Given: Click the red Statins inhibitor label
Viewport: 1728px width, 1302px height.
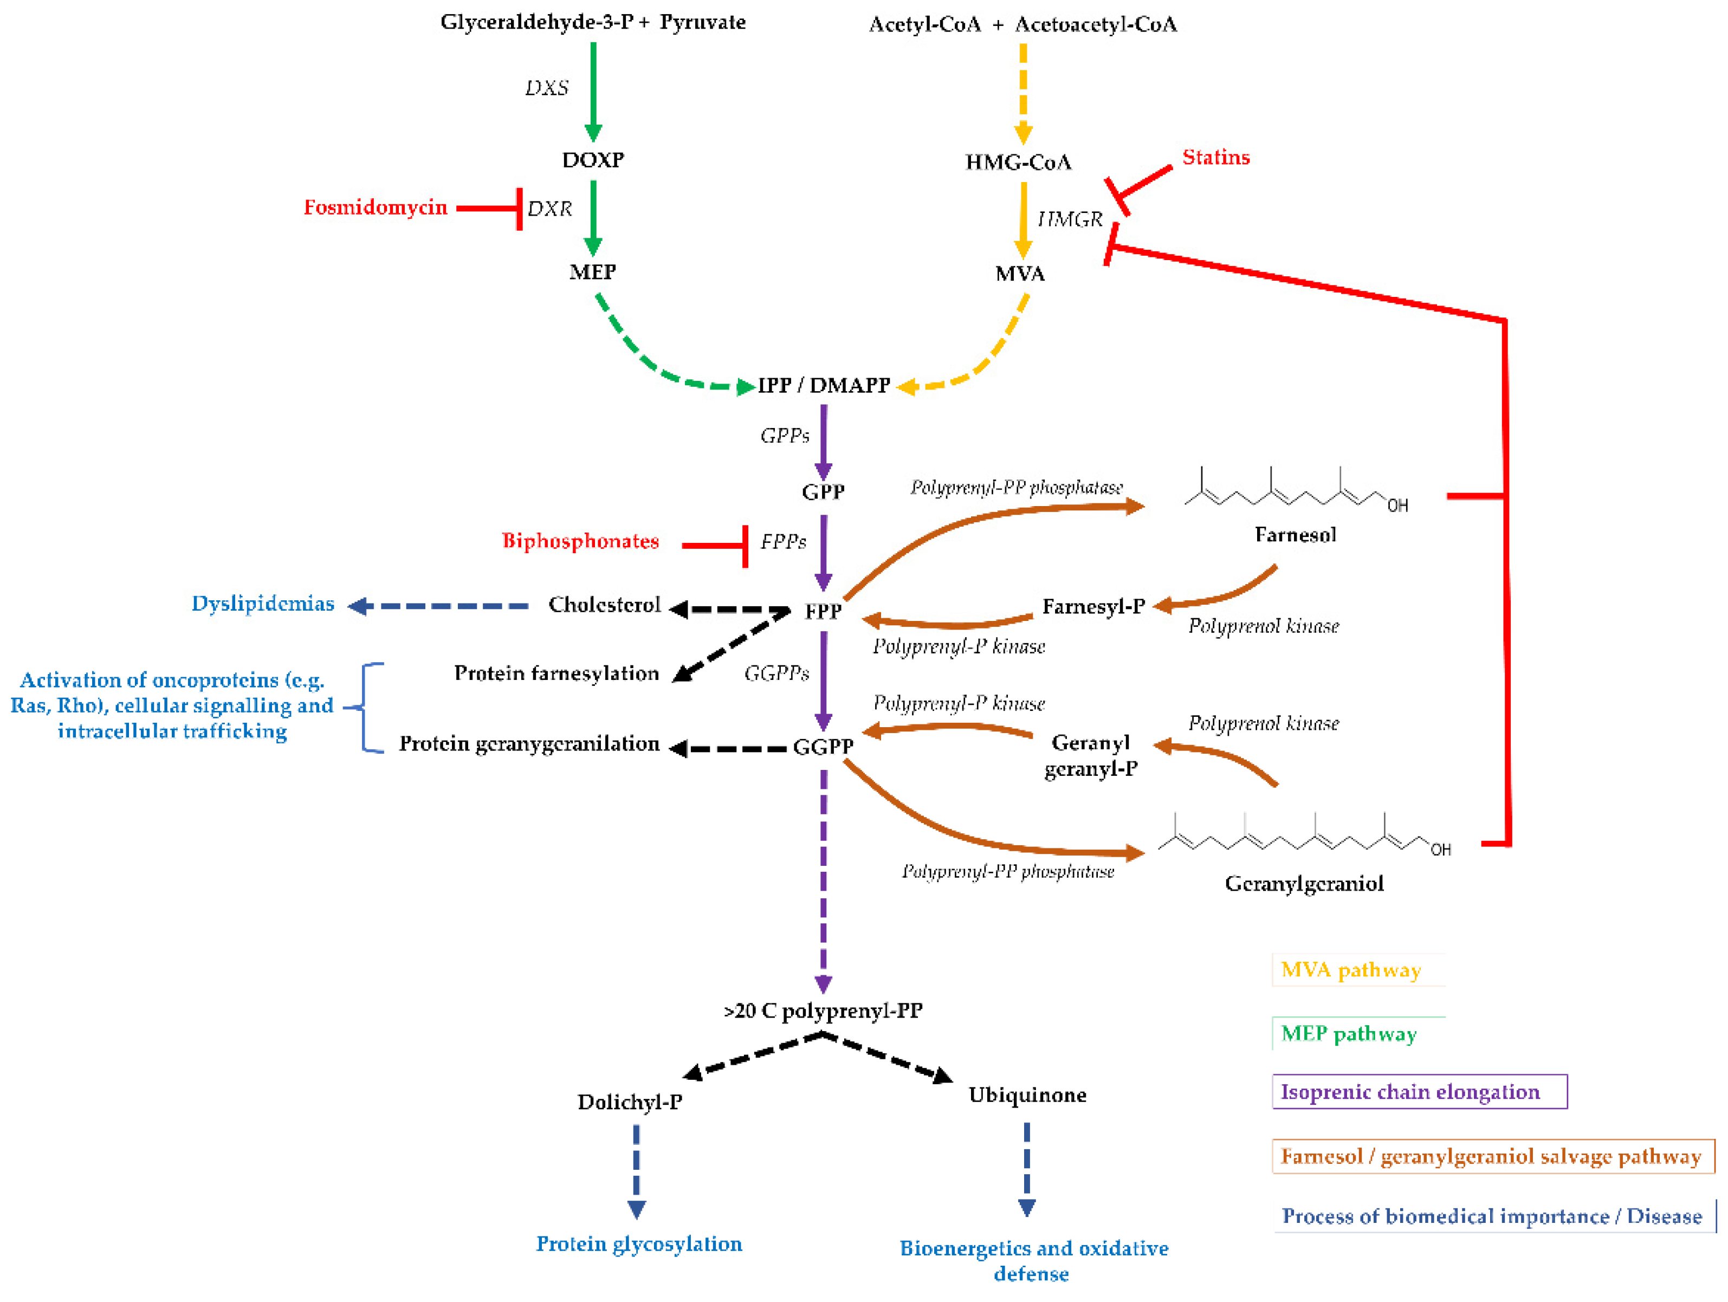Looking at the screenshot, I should [x=1215, y=157].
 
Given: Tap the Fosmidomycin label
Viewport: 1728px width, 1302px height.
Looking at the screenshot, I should [x=375, y=207].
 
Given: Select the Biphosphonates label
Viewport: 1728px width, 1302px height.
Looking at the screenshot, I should [x=580, y=541].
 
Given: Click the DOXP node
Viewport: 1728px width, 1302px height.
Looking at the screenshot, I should [x=593, y=159].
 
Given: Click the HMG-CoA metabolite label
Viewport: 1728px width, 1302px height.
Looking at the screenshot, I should [x=1018, y=161].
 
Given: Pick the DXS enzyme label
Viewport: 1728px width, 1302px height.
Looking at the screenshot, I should [x=546, y=87].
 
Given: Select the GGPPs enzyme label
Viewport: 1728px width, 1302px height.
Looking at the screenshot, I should [x=776, y=672].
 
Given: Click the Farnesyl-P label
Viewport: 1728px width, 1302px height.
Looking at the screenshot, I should [x=1093, y=606].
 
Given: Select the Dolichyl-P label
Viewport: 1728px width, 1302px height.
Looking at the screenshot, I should [x=630, y=1102].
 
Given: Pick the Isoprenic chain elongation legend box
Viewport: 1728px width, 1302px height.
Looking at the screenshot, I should [x=1418, y=1091].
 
